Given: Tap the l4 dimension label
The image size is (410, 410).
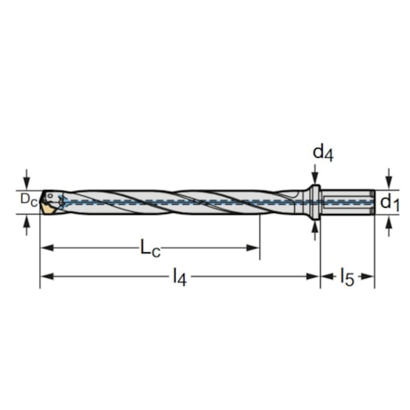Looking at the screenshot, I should pos(180,278).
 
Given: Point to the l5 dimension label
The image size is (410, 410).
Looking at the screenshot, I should pos(346,278).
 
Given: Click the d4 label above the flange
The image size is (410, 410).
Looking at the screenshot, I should pos(323,152).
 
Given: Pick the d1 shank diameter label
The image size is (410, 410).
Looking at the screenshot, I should pos(389,202).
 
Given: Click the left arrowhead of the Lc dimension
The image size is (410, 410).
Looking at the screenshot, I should pos(45,247).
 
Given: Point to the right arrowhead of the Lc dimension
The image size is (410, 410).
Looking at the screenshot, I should pos(255,247).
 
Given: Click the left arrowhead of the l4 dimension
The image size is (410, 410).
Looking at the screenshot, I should pos(45,277).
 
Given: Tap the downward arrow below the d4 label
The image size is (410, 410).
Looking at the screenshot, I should pos(315,179).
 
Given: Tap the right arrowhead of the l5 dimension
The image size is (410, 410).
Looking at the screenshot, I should pos(369,277).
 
